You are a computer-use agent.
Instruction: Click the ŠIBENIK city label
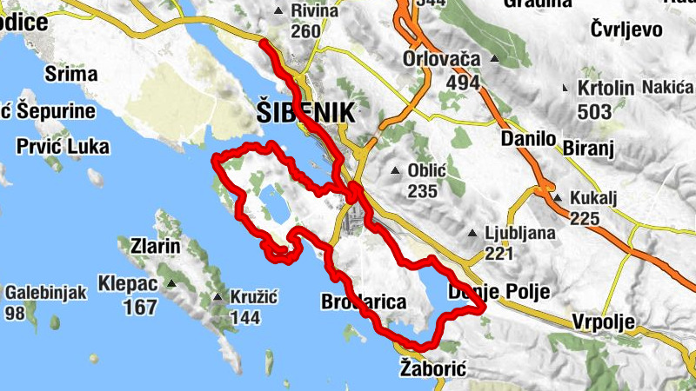[x=306, y=112]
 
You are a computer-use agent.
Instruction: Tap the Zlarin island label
[x=151, y=247]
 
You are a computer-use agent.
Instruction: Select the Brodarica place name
[x=364, y=302]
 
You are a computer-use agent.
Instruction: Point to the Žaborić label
[x=433, y=369]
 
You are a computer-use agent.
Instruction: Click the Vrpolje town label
[x=605, y=321]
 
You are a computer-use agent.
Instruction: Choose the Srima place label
[x=70, y=74]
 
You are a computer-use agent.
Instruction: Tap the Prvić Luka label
[x=64, y=147]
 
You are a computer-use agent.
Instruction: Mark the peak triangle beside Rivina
[x=278, y=11]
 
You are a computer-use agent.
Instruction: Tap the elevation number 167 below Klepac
[x=139, y=307]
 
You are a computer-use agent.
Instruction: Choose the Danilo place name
[x=528, y=138]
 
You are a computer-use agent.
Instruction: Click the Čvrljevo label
[x=626, y=30]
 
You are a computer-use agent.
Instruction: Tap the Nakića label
[x=667, y=87]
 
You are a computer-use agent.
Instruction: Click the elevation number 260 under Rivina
[x=306, y=32]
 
